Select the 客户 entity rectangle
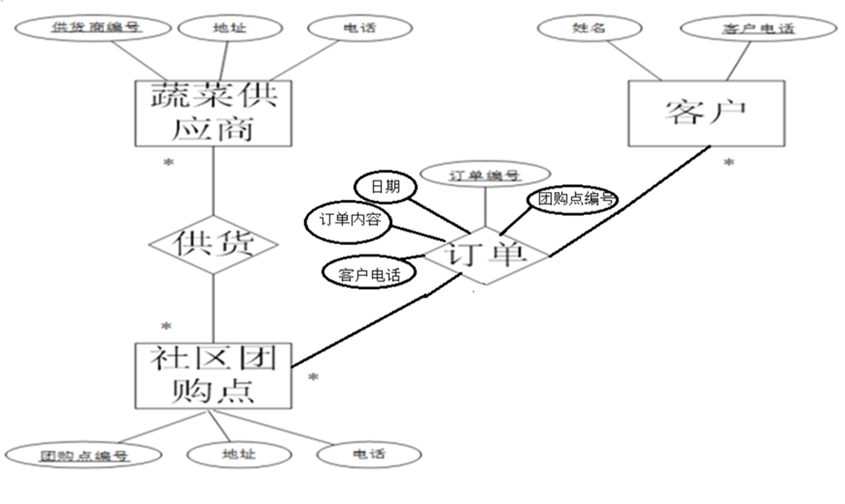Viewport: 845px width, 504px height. pyautogui.click(x=706, y=113)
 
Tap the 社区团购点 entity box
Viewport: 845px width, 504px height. pyautogui.click(x=213, y=375)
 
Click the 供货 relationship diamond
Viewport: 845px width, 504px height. pyautogui.click(x=213, y=245)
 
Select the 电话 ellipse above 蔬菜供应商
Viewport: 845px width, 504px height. pyautogui.click(x=360, y=27)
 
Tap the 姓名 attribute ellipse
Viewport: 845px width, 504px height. pyautogui.click(x=589, y=27)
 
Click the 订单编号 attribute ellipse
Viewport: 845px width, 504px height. pyautogui.click(x=485, y=175)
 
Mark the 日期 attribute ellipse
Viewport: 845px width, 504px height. pyautogui.click(x=386, y=186)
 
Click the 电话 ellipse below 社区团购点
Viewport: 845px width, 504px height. pyautogui.click(x=368, y=454)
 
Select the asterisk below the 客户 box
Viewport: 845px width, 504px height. pyautogui.click(x=728, y=163)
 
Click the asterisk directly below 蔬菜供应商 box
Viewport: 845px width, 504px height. pyautogui.click(x=168, y=163)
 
